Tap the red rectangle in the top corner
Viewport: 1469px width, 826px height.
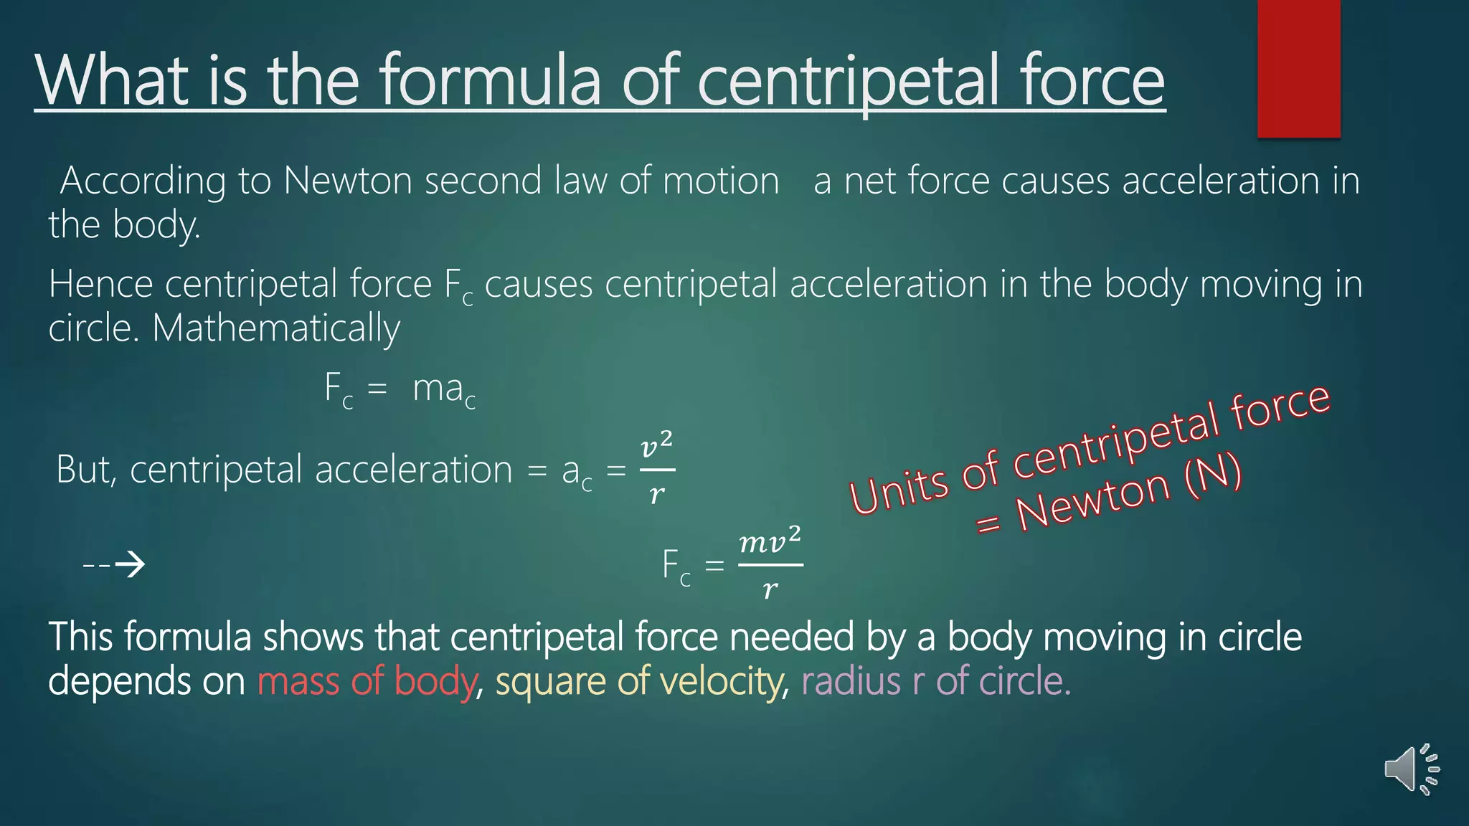(1298, 68)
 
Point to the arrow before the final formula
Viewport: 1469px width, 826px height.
(115, 565)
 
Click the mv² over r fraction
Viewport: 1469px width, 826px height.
(770, 564)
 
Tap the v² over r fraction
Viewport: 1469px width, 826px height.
(656, 469)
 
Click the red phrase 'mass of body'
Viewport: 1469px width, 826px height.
(367, 681)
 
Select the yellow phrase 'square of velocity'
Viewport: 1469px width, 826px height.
(638, 681)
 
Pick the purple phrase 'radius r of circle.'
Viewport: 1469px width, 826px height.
(935, 681)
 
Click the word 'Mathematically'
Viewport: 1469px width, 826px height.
(276, 329)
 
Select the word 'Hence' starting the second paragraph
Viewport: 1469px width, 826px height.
(100, 285)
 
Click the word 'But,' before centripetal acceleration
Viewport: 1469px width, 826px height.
(87, 470)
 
